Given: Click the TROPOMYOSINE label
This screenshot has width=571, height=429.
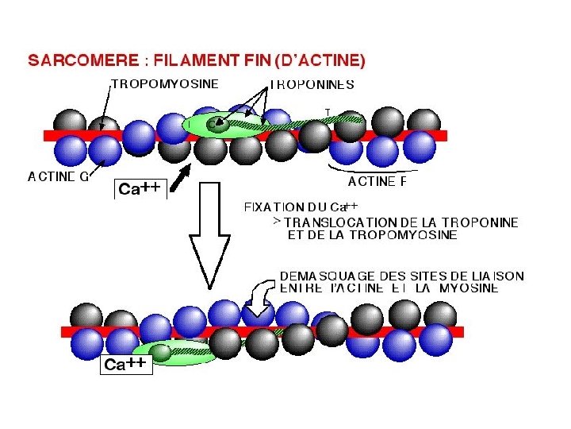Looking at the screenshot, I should (165, 83).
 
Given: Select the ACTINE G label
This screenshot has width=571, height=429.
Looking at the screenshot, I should (57, 177).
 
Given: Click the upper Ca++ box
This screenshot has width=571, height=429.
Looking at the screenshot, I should (140, 188).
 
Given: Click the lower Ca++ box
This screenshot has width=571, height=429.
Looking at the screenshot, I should (125, 365).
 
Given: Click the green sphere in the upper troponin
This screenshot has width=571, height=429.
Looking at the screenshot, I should (215, 123).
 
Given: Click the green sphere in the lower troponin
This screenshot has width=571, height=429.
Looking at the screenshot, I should (162, 352).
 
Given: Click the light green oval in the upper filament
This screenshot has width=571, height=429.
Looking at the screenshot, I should (230, 125).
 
